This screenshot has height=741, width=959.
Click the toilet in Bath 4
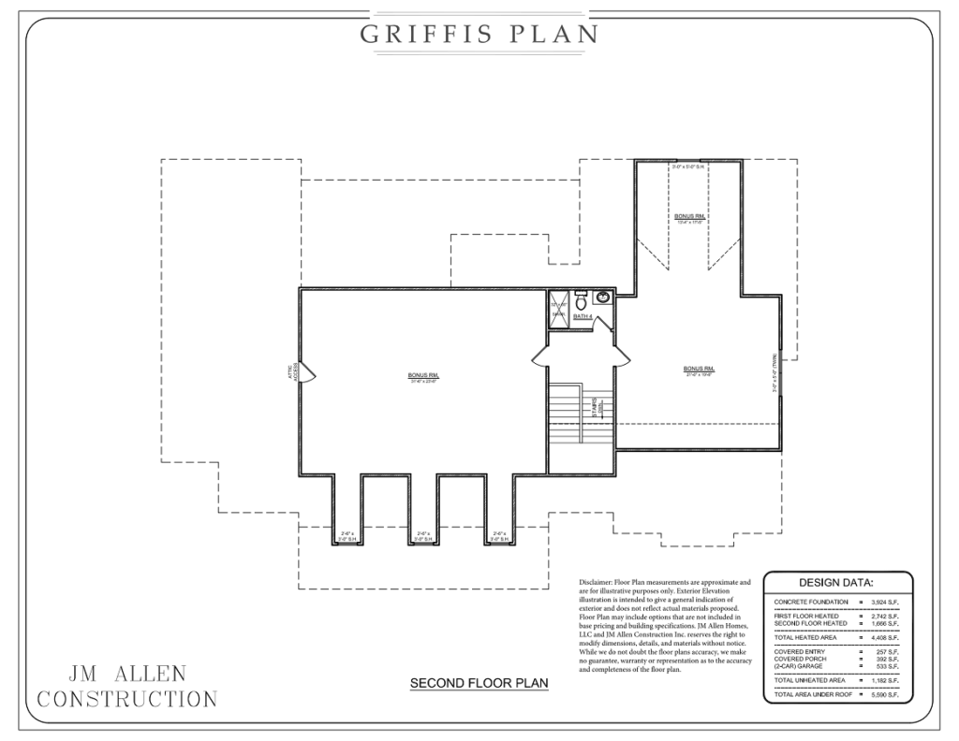(x=581, y=301)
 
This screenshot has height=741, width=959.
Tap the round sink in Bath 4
(x=602, y=298)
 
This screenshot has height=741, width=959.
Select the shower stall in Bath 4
(x=558, y=310)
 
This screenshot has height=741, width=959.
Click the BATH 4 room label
(x=583, y=317)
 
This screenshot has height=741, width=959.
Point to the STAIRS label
(x=594, y=410)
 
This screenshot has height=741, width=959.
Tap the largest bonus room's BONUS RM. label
(x=423, y=376)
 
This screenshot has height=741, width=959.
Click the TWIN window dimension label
(x=775, y=374)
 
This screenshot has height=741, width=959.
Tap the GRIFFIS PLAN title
(x=479, y=35)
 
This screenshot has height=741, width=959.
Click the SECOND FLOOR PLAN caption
(x=479, y=684)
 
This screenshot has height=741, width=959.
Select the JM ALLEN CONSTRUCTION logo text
(x=126, y=686)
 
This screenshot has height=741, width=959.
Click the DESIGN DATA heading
(x=836, y=582)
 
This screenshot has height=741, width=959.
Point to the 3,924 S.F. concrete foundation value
(x=884, y=601)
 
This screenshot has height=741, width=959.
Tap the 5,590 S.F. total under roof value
(x=884, y=695)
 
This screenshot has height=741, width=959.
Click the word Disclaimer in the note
(x=598, y=582)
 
